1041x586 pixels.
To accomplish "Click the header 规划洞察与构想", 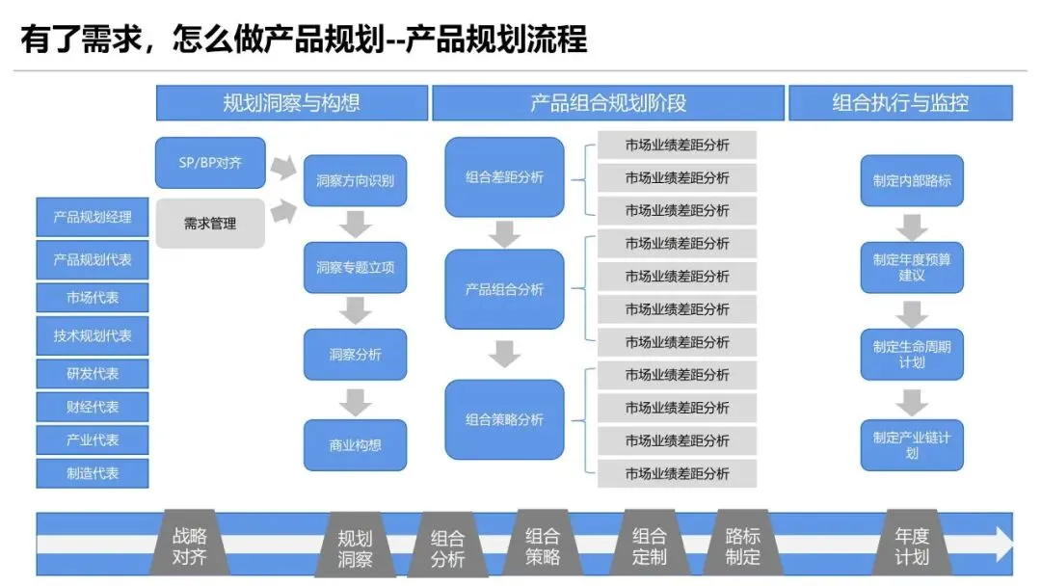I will (291, 103).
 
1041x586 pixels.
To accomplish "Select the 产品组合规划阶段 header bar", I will (607, 103).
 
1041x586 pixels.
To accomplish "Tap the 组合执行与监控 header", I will (900, 103).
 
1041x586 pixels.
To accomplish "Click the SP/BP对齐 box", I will (210, 163).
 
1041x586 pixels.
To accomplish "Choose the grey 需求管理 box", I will (210, 224).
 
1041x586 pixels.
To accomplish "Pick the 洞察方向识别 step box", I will (355, 180).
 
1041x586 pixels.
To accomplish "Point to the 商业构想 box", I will (355, 445).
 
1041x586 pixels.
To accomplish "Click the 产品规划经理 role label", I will (93, 217).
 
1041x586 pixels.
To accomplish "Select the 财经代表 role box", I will (93, 407).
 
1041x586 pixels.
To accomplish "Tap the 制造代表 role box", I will (93, 472).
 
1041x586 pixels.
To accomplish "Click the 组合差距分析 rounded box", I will (504, 177).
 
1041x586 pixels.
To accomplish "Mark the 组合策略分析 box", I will (504, 419).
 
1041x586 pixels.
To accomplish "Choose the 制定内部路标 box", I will (911, 180).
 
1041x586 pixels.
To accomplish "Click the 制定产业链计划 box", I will (911, 444).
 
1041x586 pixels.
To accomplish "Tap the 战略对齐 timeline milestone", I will (189, 546).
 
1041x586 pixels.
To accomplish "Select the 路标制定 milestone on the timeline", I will (742, 546).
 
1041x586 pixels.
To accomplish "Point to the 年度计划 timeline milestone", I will (911, 546).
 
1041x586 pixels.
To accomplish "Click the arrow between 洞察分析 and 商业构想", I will (356, 401).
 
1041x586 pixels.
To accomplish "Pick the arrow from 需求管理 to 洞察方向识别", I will (283, 210).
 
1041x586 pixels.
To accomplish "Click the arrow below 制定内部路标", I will (911, 226).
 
